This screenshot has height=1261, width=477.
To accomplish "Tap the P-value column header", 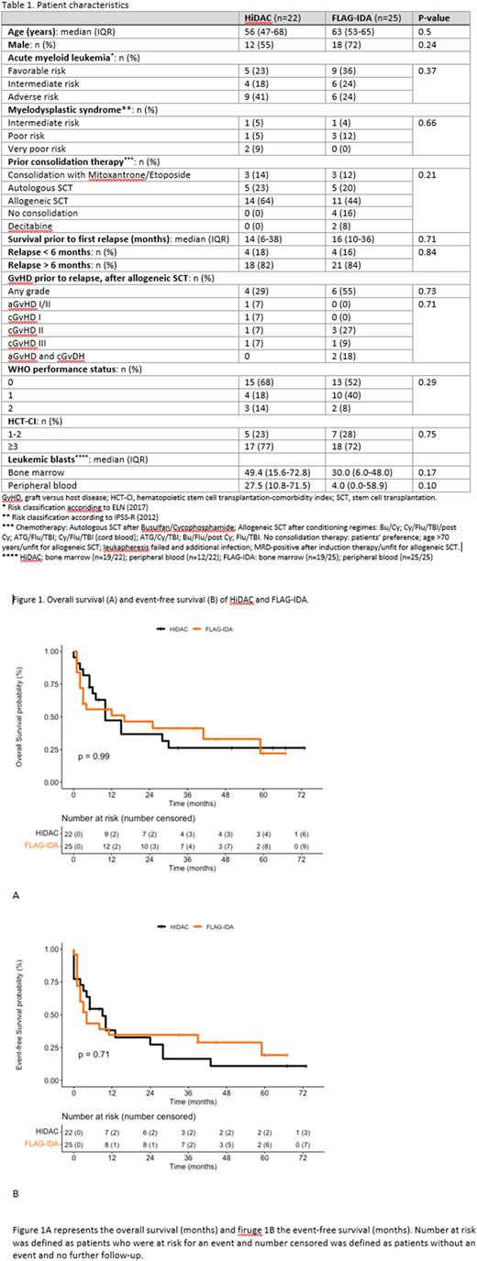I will pyautogui.click(x=433, y=19).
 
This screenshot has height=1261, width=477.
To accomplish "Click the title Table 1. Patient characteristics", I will pyautogui.click(x=65, y=6).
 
